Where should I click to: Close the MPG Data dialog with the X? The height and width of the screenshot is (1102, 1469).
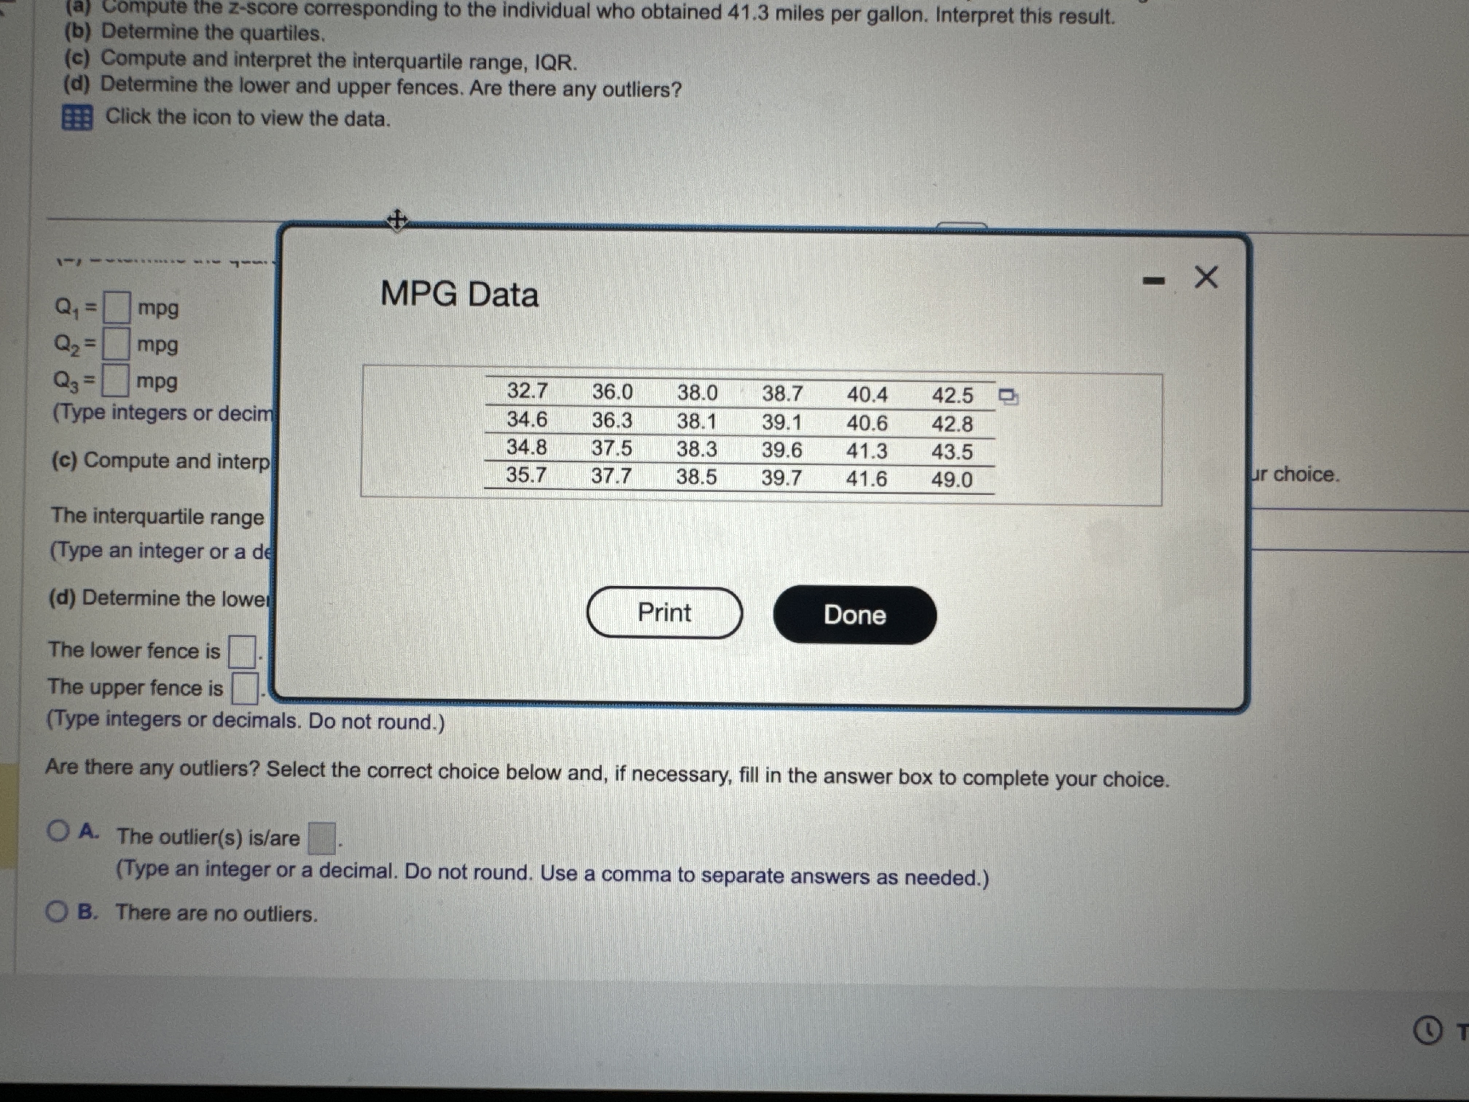1206,277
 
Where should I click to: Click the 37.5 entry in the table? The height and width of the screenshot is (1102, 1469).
612,448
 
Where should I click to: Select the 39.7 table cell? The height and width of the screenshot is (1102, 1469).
781,478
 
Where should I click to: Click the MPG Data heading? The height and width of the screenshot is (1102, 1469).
459,294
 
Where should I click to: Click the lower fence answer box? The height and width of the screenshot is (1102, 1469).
242,652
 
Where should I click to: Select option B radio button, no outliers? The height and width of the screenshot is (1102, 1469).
57,911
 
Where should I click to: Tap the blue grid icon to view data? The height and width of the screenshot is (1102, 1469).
77,118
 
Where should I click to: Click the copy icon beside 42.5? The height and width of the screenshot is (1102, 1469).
1008,396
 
